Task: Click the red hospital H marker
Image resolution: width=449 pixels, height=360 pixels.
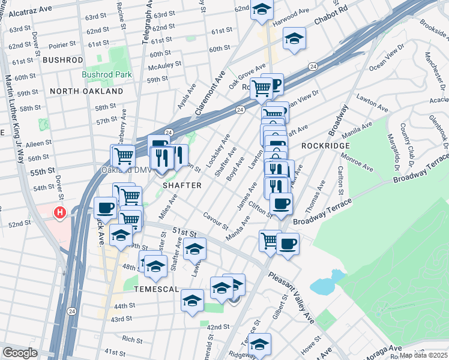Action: click(60, 212)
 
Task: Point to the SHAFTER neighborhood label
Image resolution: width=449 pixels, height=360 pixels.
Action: click(182, 185)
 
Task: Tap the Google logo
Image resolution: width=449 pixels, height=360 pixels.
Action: click(19, 353)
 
